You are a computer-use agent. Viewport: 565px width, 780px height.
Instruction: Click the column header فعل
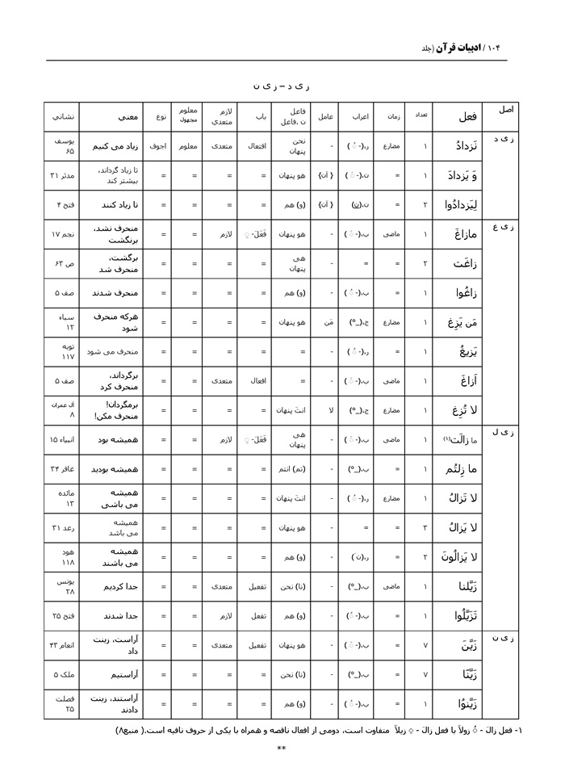click(x=467, y=116)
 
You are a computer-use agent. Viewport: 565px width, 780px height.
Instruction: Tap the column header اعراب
click(x=359, y=116)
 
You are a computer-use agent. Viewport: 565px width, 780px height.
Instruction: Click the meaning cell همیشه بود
click(x=113, y=440)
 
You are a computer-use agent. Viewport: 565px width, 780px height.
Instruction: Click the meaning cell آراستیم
click(x=113, y=674)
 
